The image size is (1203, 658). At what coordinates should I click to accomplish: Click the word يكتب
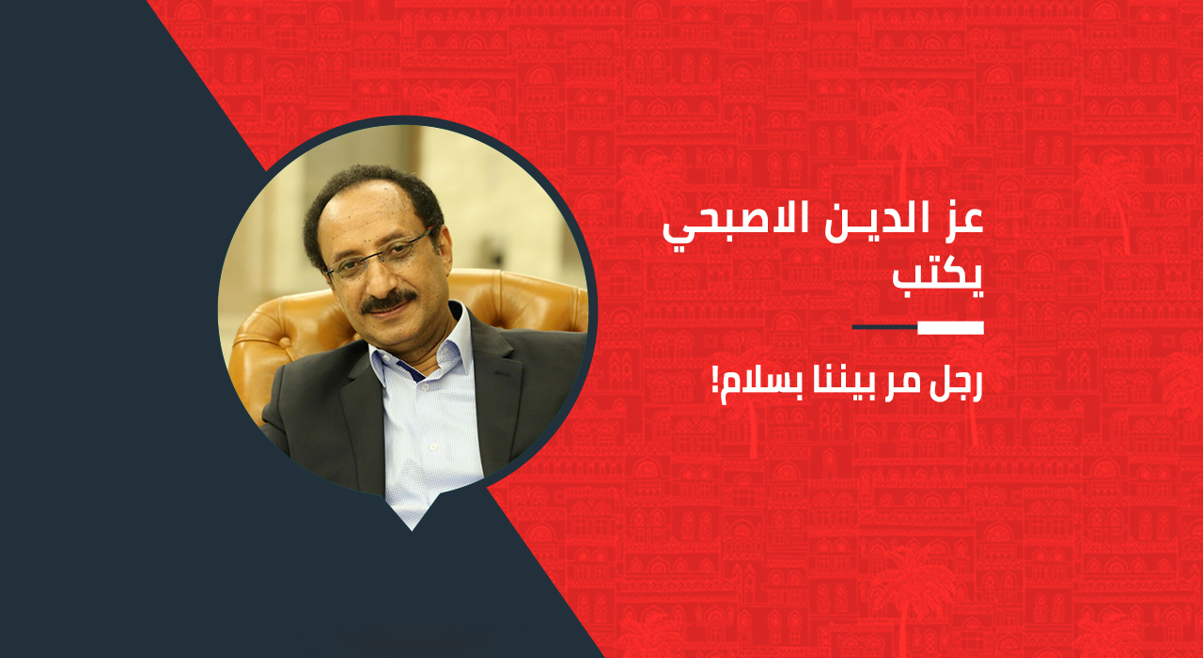click(x=937, y=277)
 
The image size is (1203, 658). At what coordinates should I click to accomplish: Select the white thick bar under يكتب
click(x=950, y=328)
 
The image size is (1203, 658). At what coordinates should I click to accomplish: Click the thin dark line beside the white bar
click(x=884, y=326)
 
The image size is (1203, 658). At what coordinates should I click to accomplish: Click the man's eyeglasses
click(x=379, y=257)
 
